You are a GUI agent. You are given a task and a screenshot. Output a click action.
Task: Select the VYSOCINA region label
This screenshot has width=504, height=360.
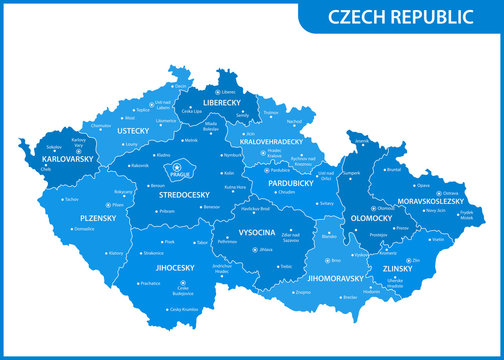tap(256, 229)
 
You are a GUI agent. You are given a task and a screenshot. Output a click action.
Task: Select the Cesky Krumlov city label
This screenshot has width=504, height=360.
tap(184, 309)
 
